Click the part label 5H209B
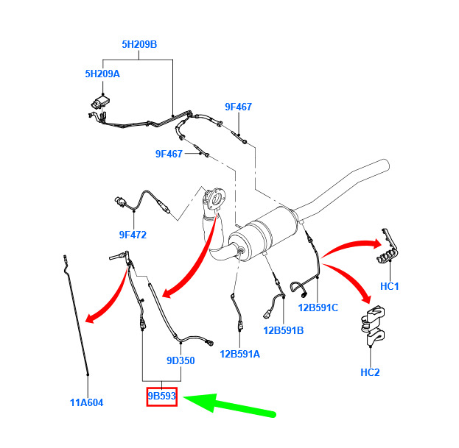[139, 44]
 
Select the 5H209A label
[102, 74]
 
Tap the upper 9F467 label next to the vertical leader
[238, 107]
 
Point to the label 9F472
[133, 235]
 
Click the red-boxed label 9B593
[162, 396]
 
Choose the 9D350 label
[181, 360]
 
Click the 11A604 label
[87, 402]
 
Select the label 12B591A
[239, 354]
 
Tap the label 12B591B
[284, 330]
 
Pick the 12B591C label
[318, 307]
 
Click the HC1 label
[389, 286]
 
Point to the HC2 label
[370, 372]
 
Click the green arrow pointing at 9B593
[229, 404]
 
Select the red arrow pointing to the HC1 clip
[351, 246]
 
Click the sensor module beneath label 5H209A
[101, 102]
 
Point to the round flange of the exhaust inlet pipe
[216, 199]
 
